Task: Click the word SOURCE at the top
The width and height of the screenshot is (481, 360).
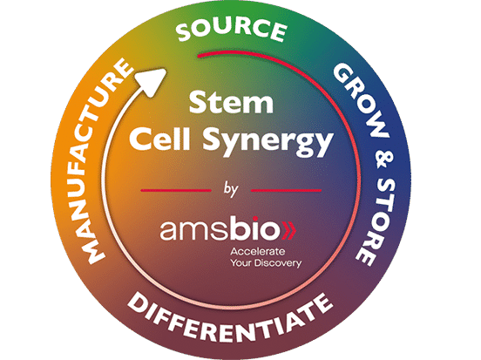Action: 232,29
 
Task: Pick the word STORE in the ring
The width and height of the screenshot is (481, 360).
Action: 376,221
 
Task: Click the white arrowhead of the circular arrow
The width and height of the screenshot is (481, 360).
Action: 152,81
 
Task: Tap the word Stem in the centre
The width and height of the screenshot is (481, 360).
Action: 231,103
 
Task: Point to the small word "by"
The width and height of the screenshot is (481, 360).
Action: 231,189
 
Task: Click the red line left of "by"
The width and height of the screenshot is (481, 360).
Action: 176,191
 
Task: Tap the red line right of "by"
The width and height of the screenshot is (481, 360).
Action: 286,191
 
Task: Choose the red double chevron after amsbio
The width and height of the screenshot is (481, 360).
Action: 289,230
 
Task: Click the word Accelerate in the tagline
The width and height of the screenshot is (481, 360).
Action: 258,252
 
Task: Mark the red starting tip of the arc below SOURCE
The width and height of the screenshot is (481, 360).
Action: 199,56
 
